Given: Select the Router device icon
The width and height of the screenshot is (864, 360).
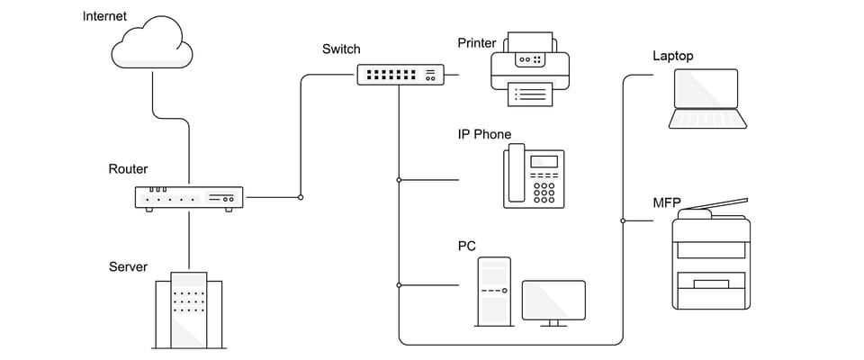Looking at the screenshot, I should [x=189, y=198].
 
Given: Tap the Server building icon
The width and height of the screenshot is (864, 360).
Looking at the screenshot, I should [x=189, y=310].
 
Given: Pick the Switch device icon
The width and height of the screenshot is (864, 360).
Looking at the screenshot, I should [x=400, y=75].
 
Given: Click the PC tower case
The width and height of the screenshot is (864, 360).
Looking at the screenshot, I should [x=494, y=290].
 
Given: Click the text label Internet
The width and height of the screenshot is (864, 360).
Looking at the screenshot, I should [x=104, y=16].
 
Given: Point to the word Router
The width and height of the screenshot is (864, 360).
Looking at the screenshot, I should [x=128, y=169].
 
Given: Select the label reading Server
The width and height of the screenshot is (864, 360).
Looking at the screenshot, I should [x=128, y=266].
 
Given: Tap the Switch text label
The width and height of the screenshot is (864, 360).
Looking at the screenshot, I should [x=341, y=49].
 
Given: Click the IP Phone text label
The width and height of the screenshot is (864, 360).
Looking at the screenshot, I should [x=484, y=135].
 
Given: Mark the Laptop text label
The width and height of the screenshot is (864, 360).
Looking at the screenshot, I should [x=673, y=57].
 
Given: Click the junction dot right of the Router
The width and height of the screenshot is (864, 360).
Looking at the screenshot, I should [x=301, y=197].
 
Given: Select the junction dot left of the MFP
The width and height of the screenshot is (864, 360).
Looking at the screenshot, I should [x=623, y=220].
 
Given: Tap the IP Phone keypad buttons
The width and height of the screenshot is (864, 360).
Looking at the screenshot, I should [x=544, y=191].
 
